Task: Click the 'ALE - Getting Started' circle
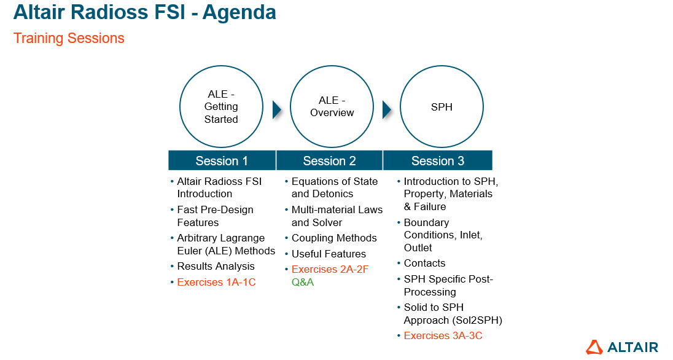pos(221,106)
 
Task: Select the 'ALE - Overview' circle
pos(332,106)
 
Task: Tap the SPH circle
pos(442,106)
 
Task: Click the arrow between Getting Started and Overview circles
pos(277,109)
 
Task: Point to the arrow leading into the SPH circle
pos(387,109)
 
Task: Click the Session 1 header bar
pos(222,161)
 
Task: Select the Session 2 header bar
pos(330,161)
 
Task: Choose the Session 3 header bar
pos(438,161)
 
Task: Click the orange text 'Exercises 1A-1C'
pos(216,283)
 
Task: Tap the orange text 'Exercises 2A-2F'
pos(330,270)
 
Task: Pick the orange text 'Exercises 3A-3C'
pos(442,335)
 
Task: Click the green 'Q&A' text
pos(303,283)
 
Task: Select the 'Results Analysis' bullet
pos(216,267)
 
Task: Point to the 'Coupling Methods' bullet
pos(334,238)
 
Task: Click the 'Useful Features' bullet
pos(329,254)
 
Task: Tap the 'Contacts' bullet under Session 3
pos(424,264)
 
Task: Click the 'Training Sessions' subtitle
pos(69,38)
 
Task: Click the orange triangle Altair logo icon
pos(594,347)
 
